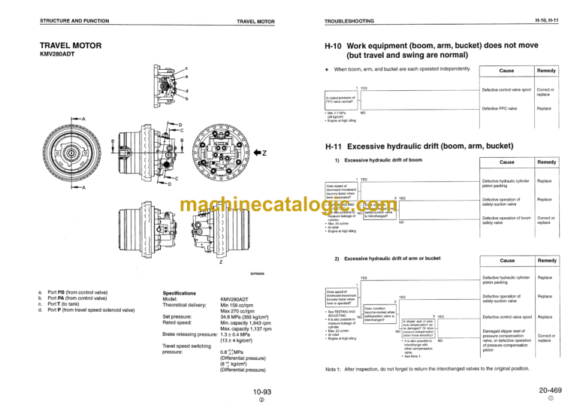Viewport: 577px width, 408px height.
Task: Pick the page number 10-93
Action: pos(262,391)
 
